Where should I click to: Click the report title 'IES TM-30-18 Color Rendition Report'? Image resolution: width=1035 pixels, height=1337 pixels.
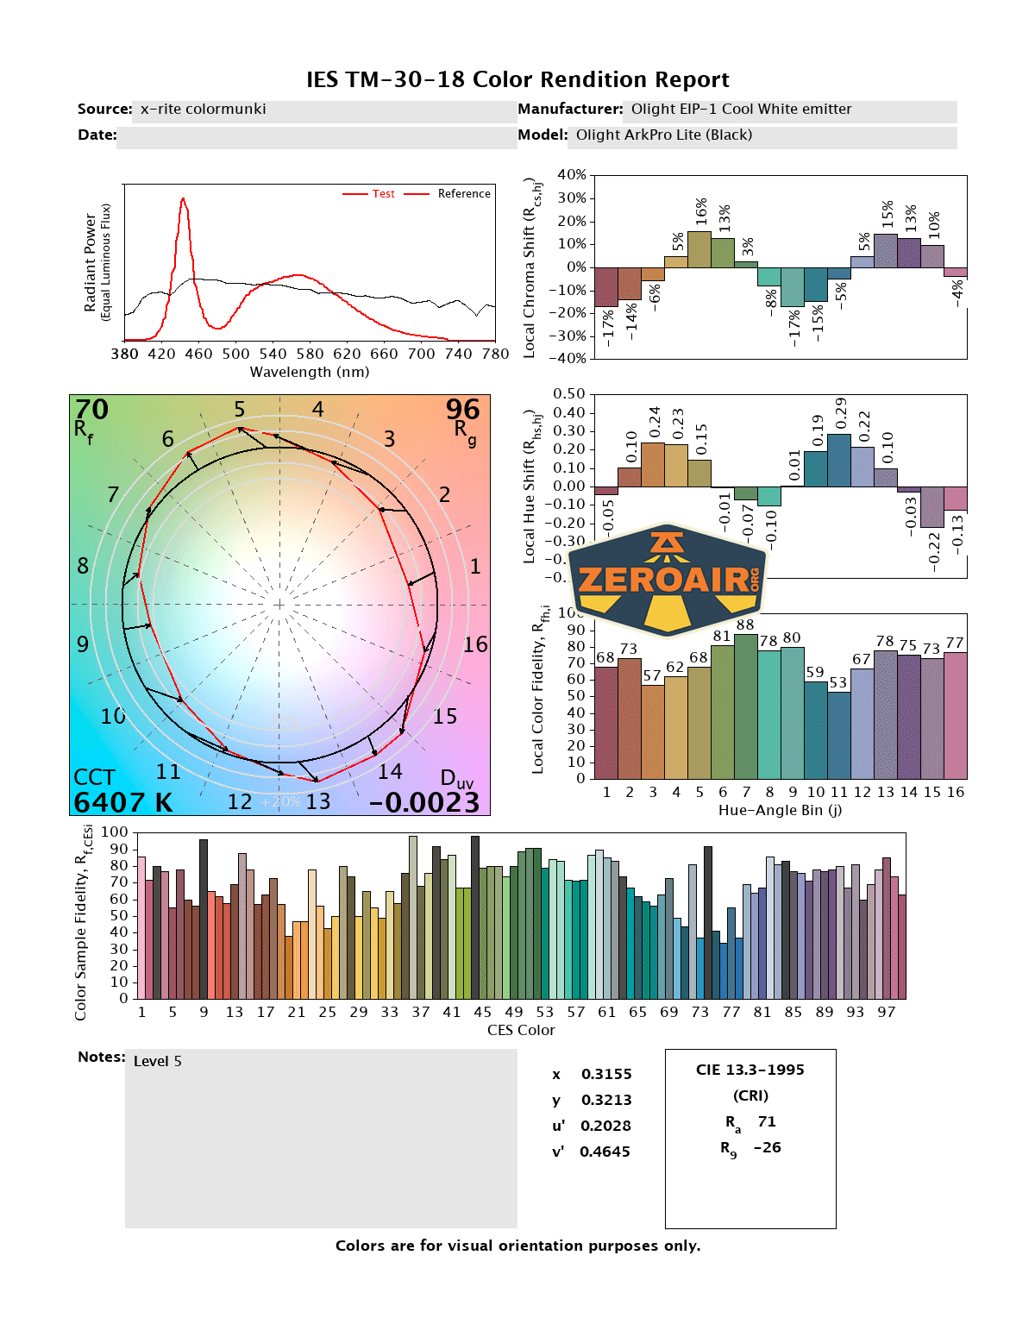[x=517, y=79]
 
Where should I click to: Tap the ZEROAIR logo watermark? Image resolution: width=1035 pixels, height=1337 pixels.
[x=668, y=580]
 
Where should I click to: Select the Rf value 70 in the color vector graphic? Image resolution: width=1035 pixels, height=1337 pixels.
[x=91, y=410]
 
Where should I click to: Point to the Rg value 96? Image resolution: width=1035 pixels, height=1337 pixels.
[x=462, y=410]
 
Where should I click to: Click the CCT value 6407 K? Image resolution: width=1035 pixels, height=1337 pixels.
[x=122, y=802]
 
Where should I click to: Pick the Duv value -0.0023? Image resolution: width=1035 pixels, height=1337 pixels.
[x=423, y=802]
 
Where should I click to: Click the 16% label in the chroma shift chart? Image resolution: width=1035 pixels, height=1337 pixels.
[x=700, y=210]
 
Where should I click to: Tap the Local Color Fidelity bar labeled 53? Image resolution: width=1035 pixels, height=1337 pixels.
[x=838, y=735]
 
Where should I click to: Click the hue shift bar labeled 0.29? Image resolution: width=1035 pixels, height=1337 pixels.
[x=839, y=460]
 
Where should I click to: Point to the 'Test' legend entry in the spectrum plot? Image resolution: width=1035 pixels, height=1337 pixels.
[x=383, y=194]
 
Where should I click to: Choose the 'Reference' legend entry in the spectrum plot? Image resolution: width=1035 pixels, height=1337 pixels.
[x=463, y=194]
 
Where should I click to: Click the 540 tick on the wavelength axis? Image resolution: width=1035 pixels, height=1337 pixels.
[x=273, y=354]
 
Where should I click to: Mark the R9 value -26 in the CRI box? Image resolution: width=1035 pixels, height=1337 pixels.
[x=767, y=1147]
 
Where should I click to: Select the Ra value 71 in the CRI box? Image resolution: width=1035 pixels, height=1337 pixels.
[x=767, y=1121]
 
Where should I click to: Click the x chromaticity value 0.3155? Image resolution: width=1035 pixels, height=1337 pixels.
[x=606, y=1074]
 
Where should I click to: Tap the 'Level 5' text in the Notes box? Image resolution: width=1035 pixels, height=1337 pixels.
[x=158, y=1062]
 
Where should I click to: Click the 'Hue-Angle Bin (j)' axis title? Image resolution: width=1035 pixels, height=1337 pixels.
[x=780, y=810]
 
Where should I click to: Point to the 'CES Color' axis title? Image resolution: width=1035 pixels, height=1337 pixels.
[x=521, y=1030]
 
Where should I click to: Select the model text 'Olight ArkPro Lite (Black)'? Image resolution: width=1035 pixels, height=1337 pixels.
[x=664, y=135]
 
